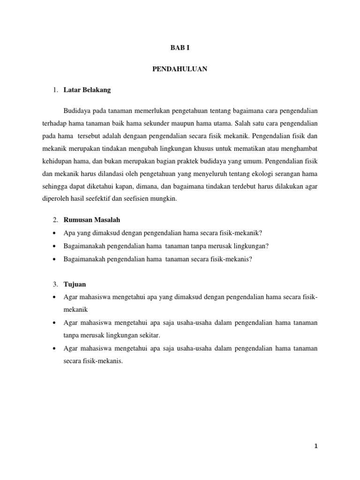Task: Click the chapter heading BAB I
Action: click(x=180, y=47)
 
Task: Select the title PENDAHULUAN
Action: click(x=180, y=69)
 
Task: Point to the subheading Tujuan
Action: click(x=75, y=284)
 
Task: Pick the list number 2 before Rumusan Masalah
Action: click(x=55, y=219)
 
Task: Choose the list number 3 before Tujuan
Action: click(x=55, y=284)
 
